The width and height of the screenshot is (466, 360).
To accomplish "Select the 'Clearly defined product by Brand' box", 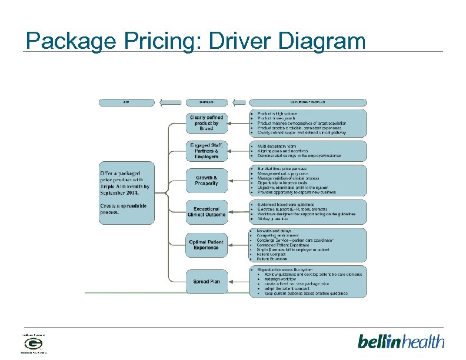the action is click(x=206, y=122).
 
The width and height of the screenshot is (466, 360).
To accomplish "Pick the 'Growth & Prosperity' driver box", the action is click(x=207, y=180).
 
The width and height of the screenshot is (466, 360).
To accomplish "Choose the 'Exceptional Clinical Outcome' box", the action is click(x=207, y=212).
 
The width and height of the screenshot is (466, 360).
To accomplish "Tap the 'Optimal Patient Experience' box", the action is click(x=206, y=244).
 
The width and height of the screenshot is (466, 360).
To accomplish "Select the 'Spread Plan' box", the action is click(x=207, y=282).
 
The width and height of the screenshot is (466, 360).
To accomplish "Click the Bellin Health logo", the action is click(x=401, y=341).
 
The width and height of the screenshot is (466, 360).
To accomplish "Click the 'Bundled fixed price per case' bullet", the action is click(x=282, y=169).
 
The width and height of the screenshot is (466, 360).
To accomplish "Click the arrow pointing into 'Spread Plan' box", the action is click(x=178, y=282).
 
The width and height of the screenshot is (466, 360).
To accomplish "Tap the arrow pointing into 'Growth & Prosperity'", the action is click(x=178, y=180).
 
